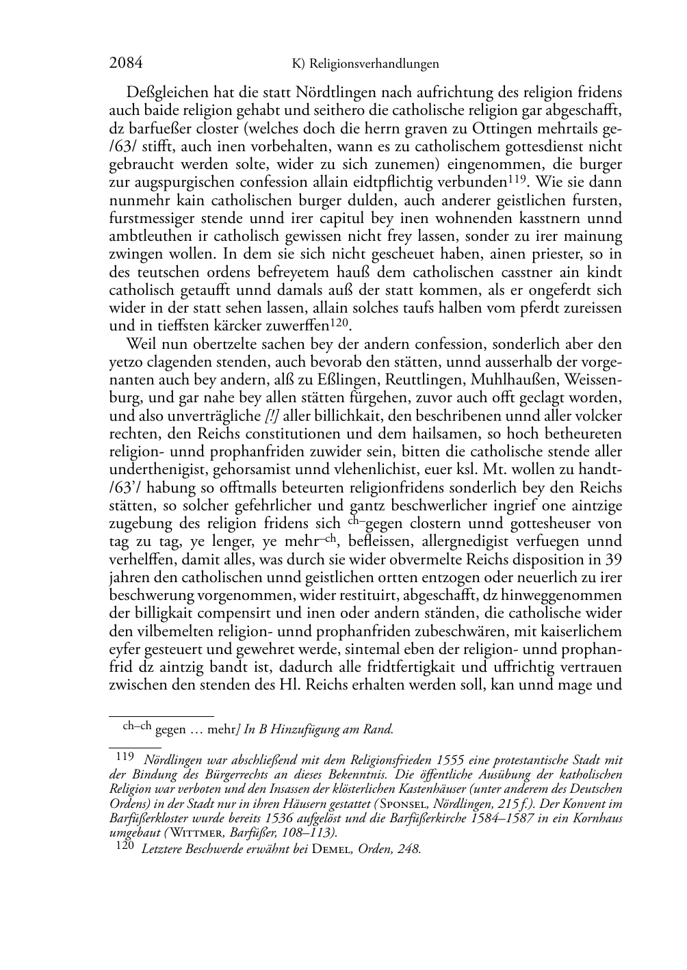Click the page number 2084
[x=126, y=64]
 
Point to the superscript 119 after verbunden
[x=517, y=179]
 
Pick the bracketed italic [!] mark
[x=272, y=416]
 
